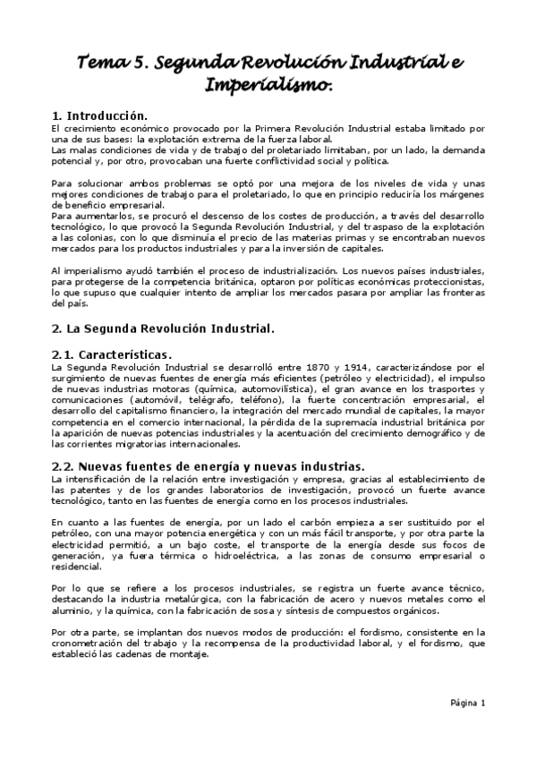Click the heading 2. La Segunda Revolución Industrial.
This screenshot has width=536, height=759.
pyautogui.click(x=162, y=328)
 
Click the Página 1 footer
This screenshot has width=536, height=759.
pyautogui.click(x=466, y=703)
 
